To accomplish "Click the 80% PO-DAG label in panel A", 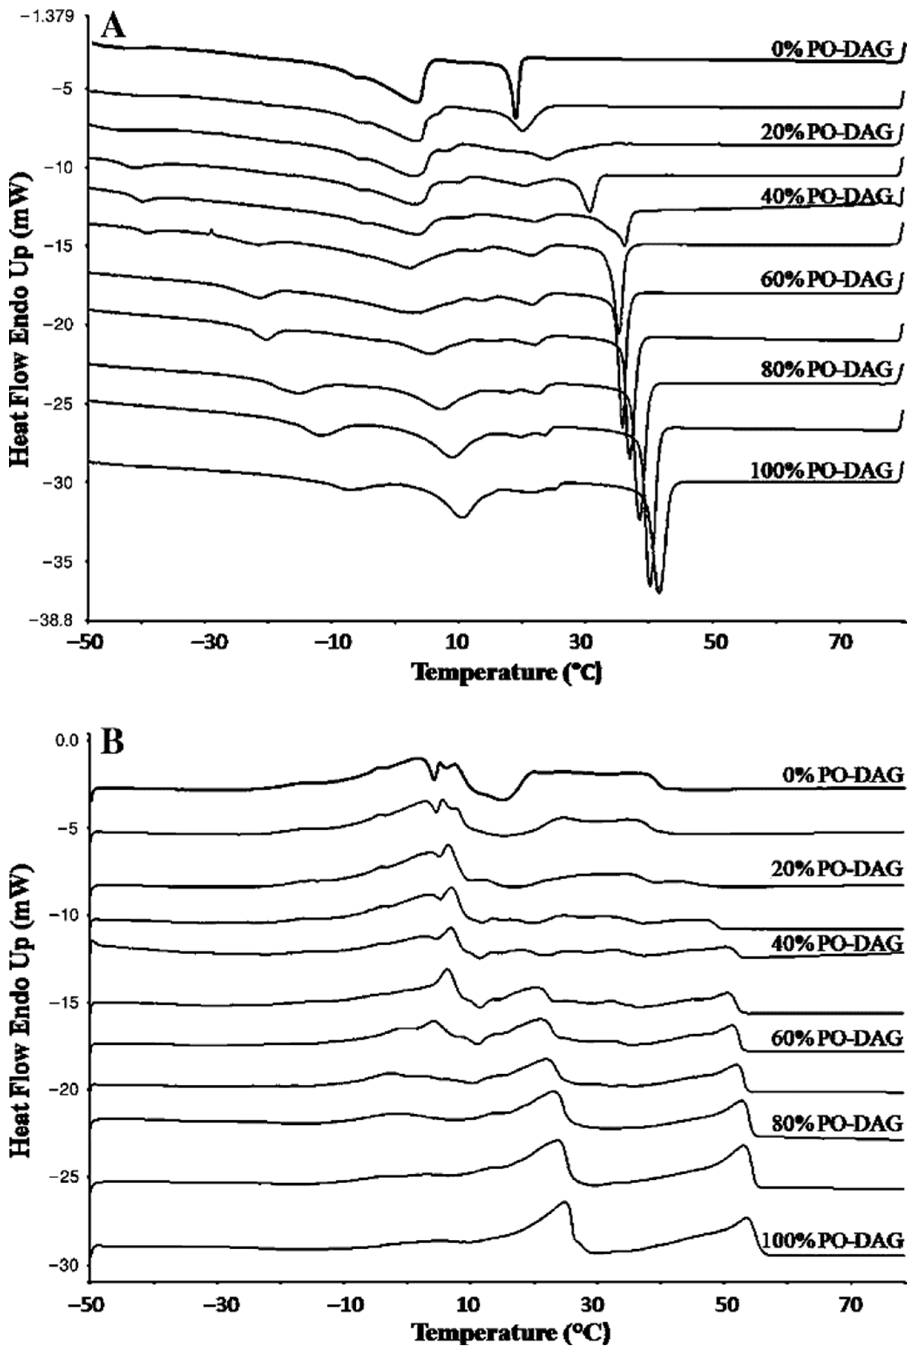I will (x=826, y=369).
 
